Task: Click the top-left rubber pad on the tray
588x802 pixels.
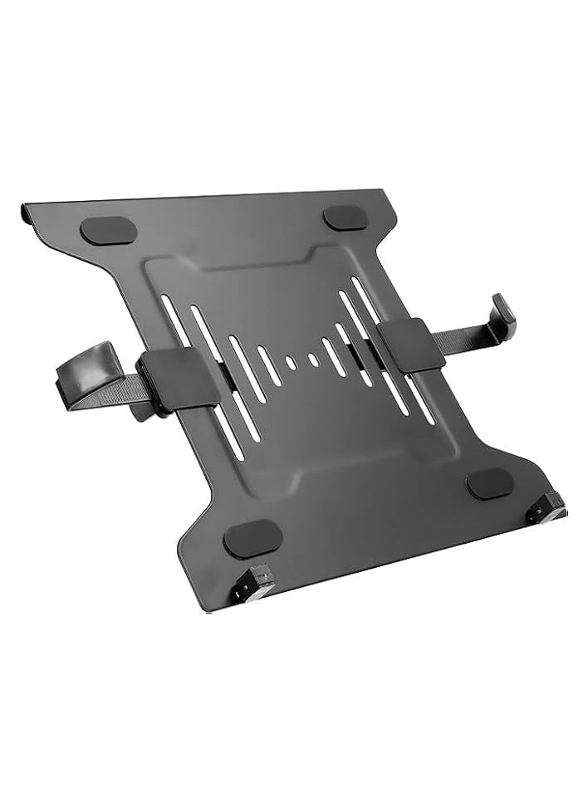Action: (x=108, y=231)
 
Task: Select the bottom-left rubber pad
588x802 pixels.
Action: (x=253, y=539)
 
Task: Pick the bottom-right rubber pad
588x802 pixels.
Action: (x=490, y=482)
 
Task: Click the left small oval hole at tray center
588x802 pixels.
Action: (x=290, y=363)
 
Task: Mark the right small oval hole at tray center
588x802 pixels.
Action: (x=313, y=359)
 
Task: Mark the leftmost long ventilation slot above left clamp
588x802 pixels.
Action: (x=173, y=320)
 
